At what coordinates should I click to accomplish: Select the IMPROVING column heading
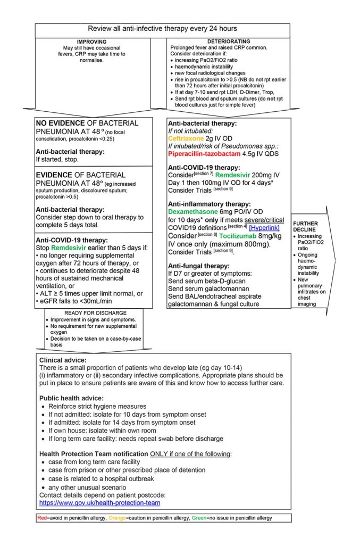(x=91, y=41)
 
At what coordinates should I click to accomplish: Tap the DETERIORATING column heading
(x=229, y=41)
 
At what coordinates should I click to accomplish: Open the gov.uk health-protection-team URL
(x=99, y=502)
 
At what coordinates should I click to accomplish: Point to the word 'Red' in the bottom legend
(x=43, y=518)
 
